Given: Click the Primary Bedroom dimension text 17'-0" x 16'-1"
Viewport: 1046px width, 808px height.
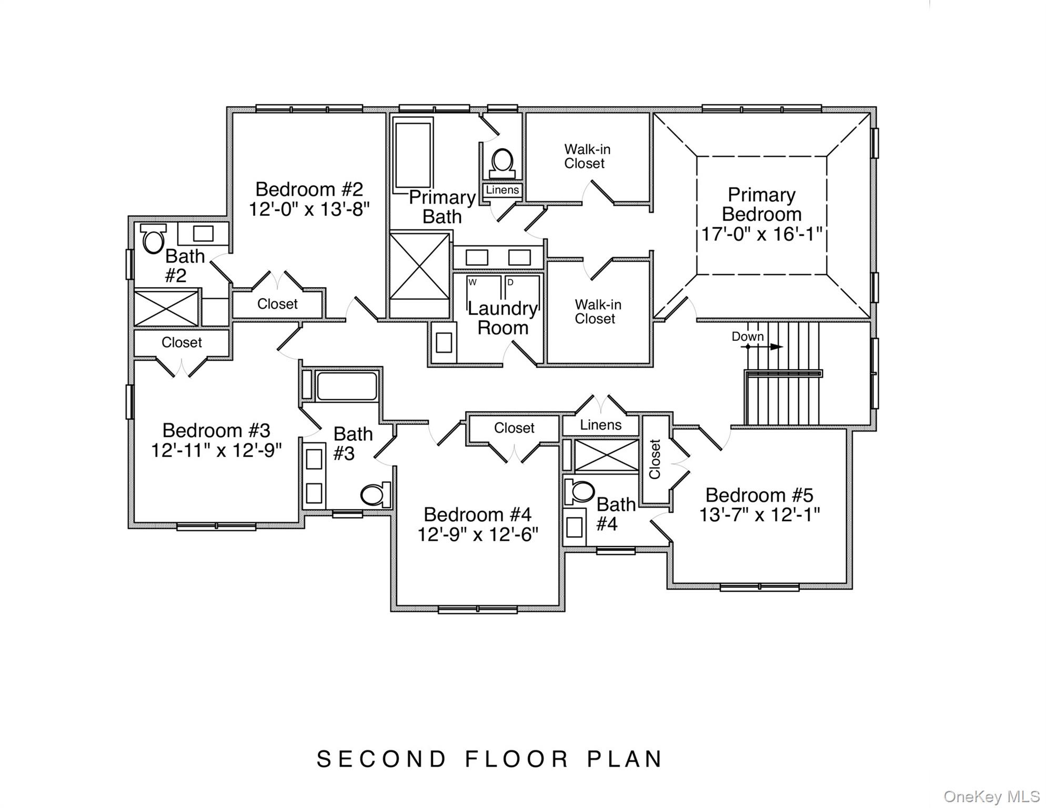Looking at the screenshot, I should [761, 234].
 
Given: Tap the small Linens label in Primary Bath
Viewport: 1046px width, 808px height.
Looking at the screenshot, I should [502, 190].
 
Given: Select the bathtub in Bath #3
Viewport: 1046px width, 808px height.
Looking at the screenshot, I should [347, 387].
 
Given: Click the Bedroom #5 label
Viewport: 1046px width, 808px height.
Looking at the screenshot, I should [759, 495].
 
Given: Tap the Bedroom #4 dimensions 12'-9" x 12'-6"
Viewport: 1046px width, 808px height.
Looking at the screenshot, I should [478, 534].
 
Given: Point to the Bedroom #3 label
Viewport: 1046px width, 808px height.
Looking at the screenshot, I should [216, 430].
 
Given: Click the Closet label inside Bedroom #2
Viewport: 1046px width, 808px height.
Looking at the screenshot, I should [277, 304].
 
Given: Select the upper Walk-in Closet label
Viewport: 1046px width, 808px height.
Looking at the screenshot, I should [587, 156].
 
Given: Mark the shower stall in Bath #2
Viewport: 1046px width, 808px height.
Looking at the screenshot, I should [166, 308].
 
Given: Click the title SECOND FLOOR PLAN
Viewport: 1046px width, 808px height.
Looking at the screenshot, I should [489, 759].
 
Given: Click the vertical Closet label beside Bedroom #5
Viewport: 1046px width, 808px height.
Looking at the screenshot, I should [655, 459].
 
